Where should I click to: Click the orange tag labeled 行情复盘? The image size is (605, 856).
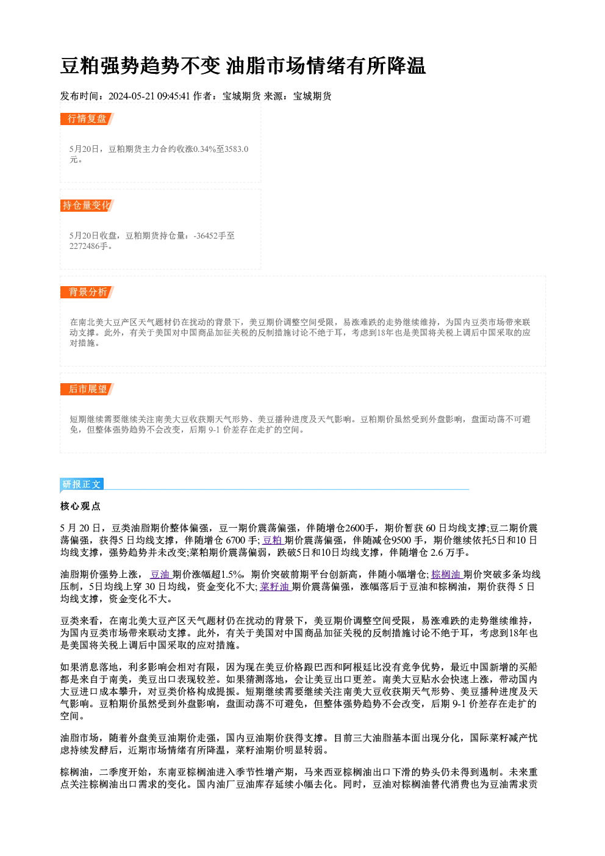[x=87, y=119]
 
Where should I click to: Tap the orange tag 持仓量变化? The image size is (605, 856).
[x=87, y=206]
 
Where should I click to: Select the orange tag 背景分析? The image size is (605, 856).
[x=87, y=292]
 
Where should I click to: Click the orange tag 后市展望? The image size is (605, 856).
[x=87, y=389]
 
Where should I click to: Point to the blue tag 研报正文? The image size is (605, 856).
[x=82, y=484]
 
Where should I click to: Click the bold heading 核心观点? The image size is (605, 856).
[x=81, y=506]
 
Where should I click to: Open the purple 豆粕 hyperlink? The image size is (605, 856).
[x=273, y=541]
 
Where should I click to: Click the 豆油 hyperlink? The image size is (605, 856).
[x=160, y=574]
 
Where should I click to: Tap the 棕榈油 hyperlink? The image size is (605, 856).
[x=446, y=574]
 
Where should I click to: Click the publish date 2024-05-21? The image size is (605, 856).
[x=131, y=96]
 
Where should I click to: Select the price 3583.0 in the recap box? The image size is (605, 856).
[x=237, y=149]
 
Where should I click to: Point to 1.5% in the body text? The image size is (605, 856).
[x=232, y=574]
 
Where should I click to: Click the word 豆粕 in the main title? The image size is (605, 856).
[x=80, y=66]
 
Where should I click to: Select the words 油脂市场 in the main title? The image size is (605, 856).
[x=266, y=66]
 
